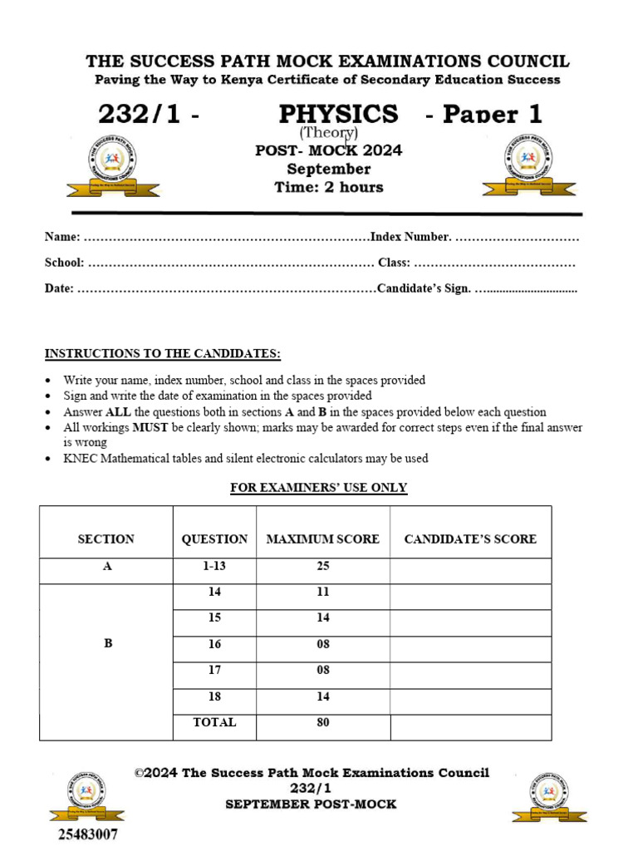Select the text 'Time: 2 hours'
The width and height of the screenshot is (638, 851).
pos(329,187)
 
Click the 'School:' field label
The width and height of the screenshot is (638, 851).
pos(64,263)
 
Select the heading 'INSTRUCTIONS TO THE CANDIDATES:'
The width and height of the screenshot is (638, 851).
pos(163,353)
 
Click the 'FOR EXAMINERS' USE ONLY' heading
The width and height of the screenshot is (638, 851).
pos(318,487)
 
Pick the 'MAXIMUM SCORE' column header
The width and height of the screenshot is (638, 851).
pos(322,539)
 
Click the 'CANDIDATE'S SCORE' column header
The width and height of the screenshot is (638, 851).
pos(470,539)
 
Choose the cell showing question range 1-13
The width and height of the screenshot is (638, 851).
pos(214,566)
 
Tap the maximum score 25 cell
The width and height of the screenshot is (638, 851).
pos(322,566)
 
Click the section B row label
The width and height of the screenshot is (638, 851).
pos(107,643)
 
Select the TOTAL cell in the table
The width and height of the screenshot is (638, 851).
pos(214,722)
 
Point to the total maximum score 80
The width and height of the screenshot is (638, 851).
pos(322,722)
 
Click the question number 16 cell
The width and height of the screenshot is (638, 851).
pos(214,644)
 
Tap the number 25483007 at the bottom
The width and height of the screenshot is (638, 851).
pos(87,833)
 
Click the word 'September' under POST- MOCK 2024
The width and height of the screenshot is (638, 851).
pos(328,169)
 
